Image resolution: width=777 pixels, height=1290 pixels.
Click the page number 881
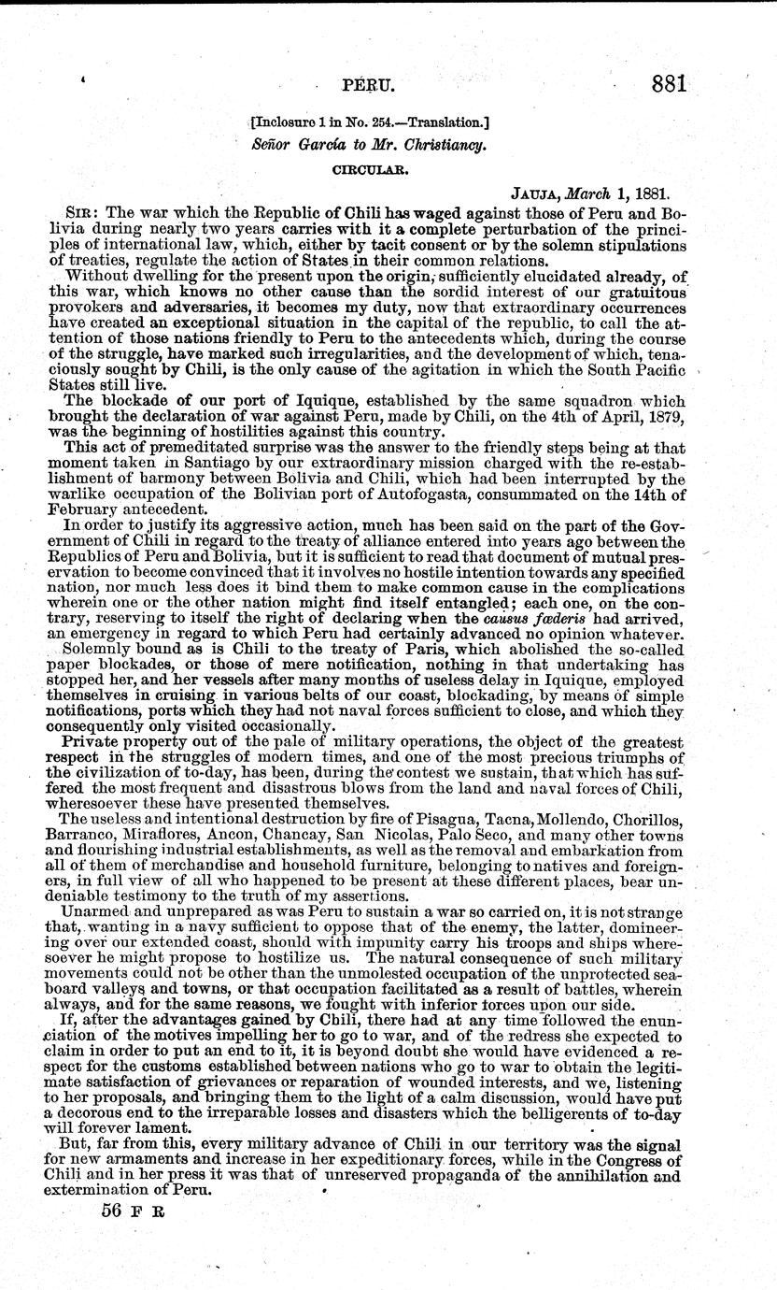coord(670,84)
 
